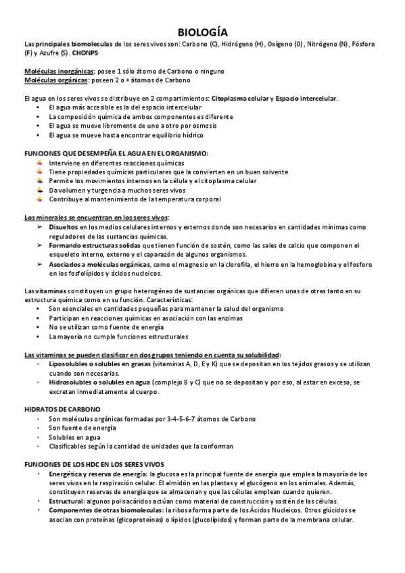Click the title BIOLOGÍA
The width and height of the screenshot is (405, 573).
pyautogui.click(x=202, y=32)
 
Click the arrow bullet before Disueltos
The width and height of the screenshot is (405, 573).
pyautogui.click(x=39, y=227)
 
